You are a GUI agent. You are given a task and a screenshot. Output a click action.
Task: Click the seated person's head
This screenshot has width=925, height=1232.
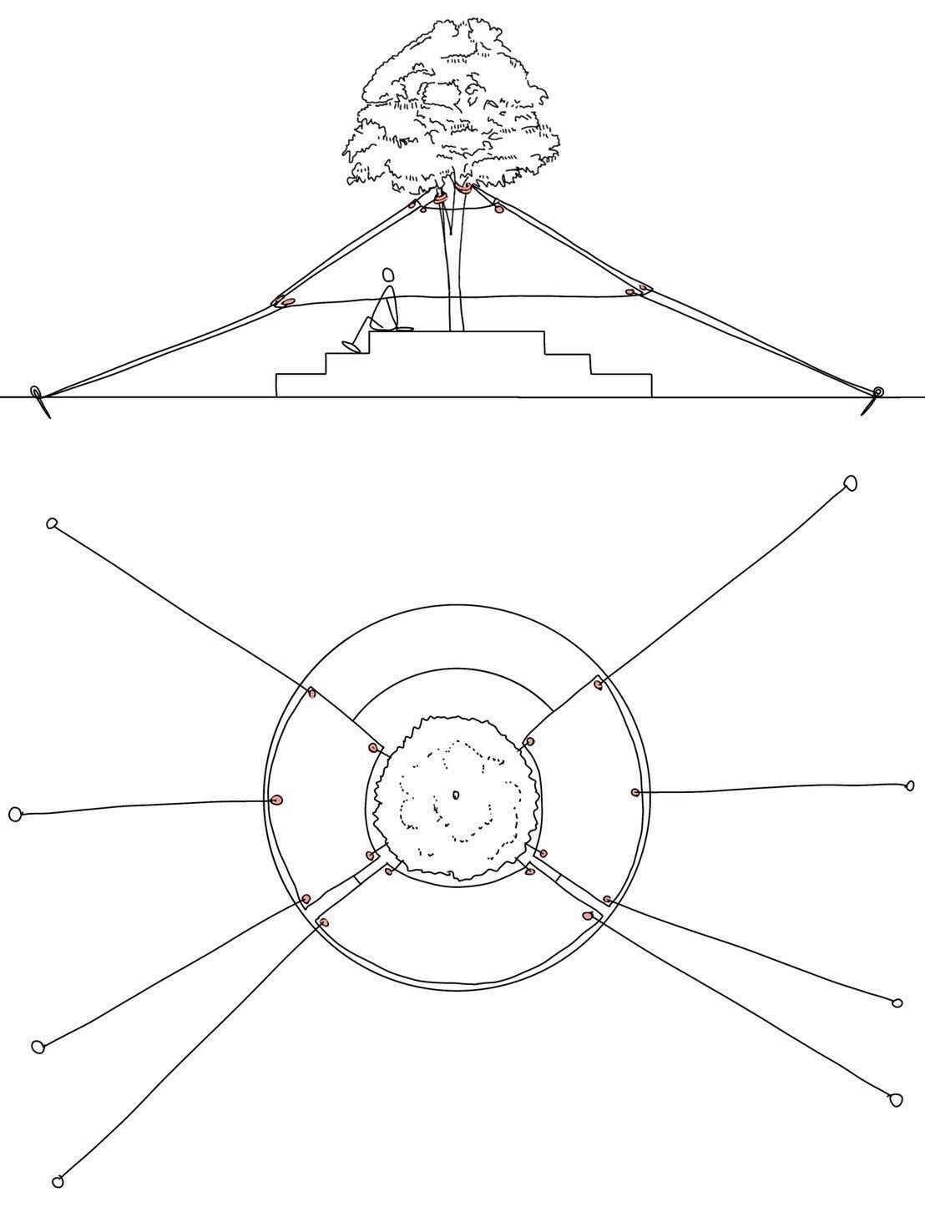point(387,275)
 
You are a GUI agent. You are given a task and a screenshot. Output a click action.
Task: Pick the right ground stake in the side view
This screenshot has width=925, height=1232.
point(877,393)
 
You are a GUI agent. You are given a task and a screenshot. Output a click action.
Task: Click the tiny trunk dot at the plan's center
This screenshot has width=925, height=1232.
point(456,794)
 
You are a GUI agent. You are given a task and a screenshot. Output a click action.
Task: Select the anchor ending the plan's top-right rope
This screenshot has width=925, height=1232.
point(851,482)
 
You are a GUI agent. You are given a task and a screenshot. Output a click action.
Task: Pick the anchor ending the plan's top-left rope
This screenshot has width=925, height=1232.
point(52,523)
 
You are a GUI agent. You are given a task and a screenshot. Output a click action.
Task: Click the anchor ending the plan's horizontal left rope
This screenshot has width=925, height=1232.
point(15,814)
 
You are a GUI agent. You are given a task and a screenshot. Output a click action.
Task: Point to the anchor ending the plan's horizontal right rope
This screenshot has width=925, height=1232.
point(910,785)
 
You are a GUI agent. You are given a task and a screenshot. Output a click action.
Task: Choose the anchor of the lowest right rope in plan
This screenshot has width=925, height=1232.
point(897,1099)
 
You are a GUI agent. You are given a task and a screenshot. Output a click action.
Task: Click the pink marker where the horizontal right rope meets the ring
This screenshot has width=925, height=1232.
point(635,791)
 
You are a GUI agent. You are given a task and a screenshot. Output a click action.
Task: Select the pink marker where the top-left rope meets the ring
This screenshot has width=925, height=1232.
point(311,692)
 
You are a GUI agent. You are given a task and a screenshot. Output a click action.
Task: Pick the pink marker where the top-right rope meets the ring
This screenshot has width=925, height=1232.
point(599,684)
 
